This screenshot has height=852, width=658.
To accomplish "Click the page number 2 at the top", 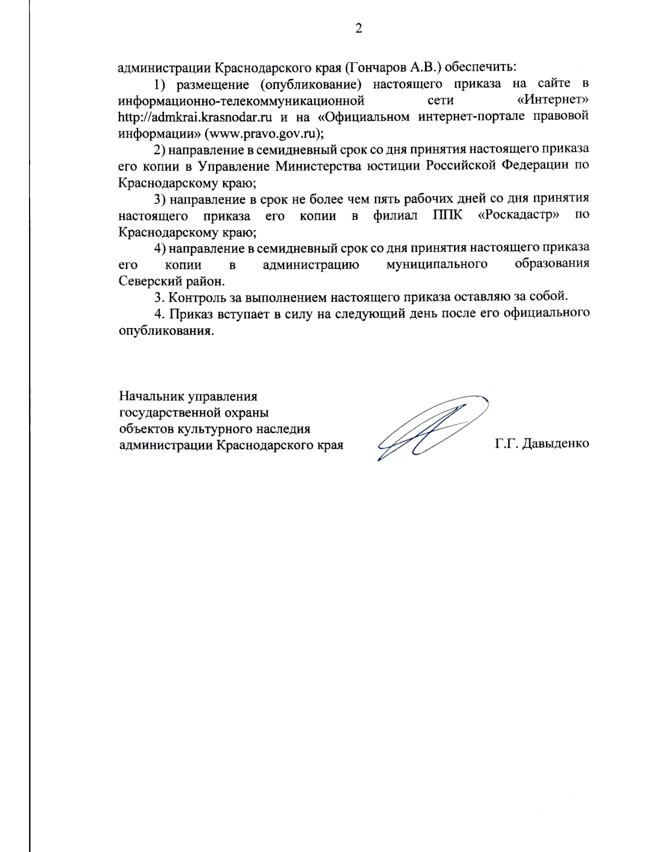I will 359,29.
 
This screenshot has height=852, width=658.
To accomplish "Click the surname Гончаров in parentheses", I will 375,67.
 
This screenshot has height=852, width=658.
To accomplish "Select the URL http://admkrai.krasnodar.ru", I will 195,117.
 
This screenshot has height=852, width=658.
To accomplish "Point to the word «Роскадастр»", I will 519,215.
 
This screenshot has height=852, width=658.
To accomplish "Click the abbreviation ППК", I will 447,215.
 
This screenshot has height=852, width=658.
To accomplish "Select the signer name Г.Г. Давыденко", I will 542,443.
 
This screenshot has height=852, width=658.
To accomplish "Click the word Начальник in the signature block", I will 151,396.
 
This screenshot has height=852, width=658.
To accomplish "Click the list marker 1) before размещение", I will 160,84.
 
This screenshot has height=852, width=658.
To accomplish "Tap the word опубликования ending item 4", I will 166,331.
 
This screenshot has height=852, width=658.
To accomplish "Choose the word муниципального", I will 436,264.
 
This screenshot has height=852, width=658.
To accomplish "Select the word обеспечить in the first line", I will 480,67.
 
